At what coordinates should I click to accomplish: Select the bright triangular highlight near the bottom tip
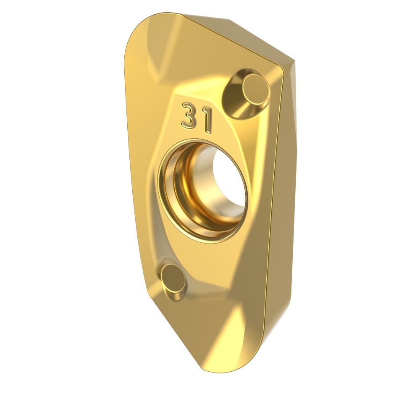[235, 332]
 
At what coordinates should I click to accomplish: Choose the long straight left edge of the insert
[131, 168]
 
